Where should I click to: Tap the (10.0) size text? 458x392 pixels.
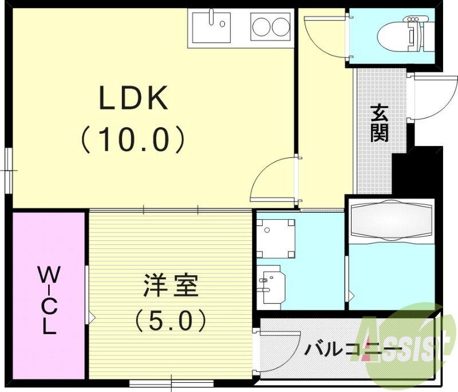point(133,139)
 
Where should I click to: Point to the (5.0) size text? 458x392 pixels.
point(170,321)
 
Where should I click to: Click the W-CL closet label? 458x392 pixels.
point(49,300)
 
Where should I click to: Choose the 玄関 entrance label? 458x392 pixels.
point(378,123)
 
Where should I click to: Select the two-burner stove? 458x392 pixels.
point(271,26)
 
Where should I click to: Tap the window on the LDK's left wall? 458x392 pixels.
point(9,168)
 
